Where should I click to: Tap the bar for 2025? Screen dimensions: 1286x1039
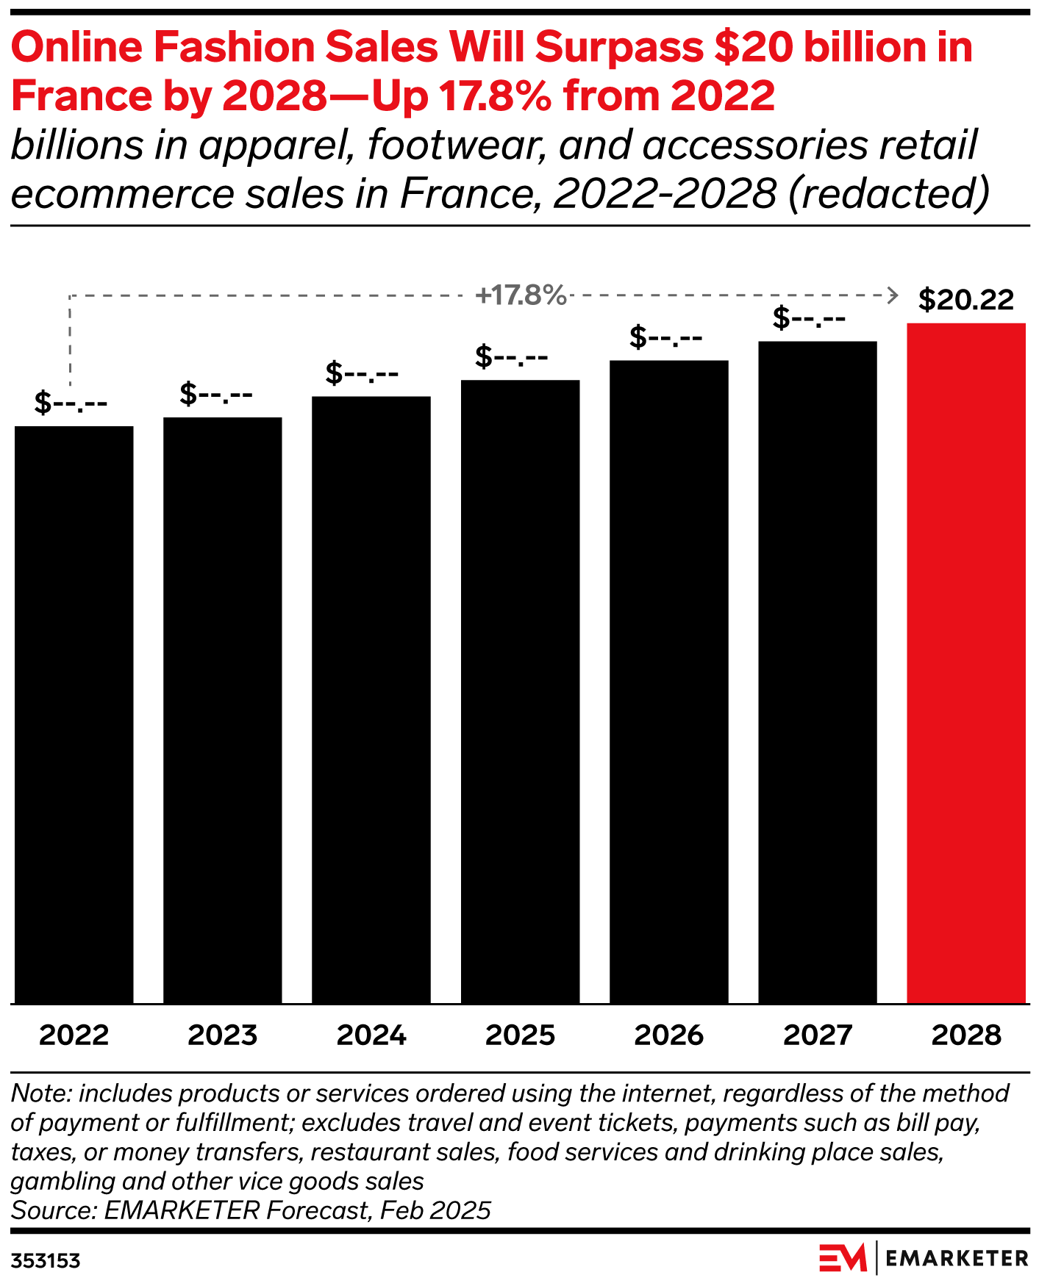click(520, 692)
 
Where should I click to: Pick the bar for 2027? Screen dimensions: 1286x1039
click(817, 672)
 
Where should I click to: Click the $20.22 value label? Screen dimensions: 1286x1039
click(965, 300)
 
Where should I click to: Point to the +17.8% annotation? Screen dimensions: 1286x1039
click(521, 295)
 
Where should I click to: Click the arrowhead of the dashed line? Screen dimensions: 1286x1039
click(893, 295)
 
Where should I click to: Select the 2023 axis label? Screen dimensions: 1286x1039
click(223, 1035)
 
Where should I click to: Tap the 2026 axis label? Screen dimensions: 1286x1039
click(668, 1035)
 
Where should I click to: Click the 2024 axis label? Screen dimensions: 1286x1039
click(371, 1035)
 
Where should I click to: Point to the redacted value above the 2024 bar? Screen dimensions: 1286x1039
click(363, 373)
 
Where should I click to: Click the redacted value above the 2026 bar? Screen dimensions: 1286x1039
click(665, 337)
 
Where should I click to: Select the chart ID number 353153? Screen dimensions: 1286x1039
click(46, 1261)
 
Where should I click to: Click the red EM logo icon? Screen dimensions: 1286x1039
click(843, 1258)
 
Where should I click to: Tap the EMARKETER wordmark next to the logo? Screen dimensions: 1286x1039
click(957, 1258)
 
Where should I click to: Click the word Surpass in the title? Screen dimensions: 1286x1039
click(618, 48)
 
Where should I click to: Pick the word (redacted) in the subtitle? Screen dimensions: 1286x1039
click(888, 194)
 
